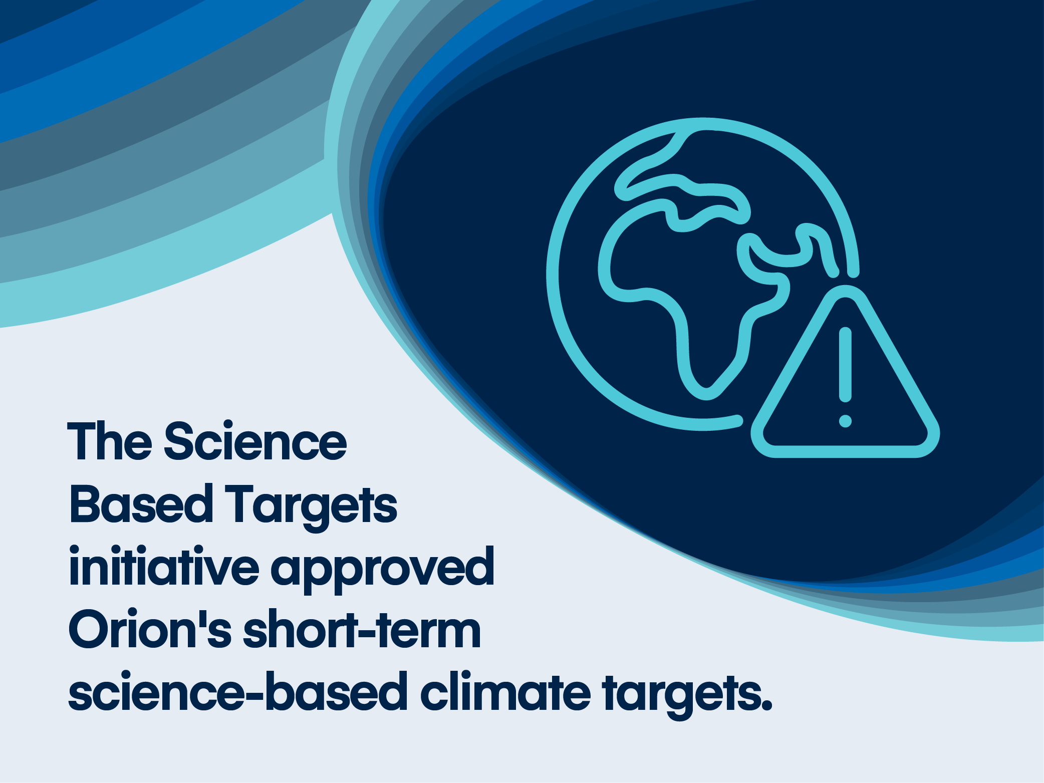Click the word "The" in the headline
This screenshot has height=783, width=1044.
point(110,441)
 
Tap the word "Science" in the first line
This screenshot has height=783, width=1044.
point(255,441)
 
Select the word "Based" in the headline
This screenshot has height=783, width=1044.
point(142,503)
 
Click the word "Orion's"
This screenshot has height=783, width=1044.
point(150,629)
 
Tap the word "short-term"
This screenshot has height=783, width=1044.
point(362,629)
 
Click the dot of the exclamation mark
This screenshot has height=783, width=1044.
point(845,421)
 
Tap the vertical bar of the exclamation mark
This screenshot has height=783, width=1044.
point(845,365)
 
